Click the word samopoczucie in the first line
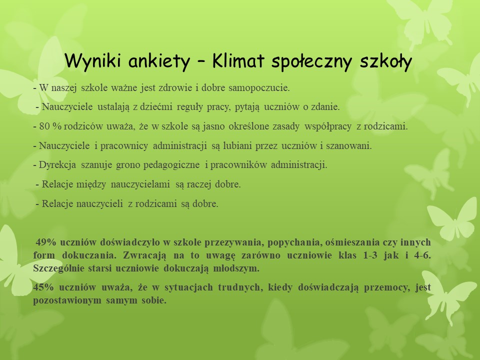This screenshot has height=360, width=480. point(259,88)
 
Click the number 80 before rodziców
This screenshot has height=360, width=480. point(45,126)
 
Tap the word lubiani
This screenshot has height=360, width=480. point(237,145)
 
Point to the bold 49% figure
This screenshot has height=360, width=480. point(46,242)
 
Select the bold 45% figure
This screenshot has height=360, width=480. point(43,287)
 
